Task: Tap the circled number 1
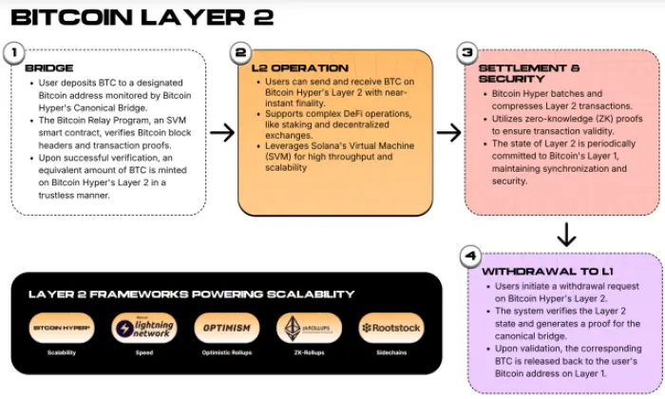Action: click(14, 53)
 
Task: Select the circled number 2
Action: click(241, 53)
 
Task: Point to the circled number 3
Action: click(465, 53)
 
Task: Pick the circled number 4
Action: click(470, 256)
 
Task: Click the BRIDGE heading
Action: click(48, 69)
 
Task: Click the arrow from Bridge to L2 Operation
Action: click(221, 132)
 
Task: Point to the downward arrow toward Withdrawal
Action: click(565, 232)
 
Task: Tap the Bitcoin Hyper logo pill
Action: click(60, 328)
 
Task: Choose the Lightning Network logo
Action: click(143, 328)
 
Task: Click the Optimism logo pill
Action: click(226, 328)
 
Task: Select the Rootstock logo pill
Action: click(391, 328)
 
